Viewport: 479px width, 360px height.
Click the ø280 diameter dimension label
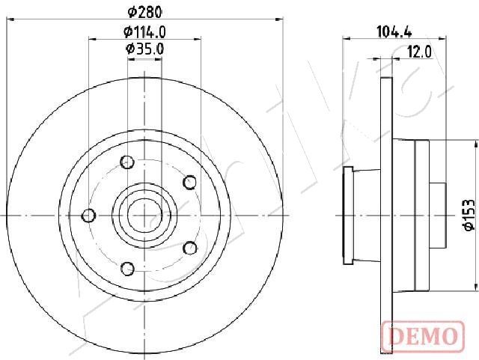pyautogui.click(x=144, y=12)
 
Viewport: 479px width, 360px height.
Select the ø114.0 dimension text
pyautogui.click(x=144, y=31)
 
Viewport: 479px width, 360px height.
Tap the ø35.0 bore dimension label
pyautogui.click(x=144, y=49)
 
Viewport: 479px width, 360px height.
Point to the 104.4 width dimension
pyautogui.click(x=394, y=31)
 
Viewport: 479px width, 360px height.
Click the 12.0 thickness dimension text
pyautogui.click(x=419, y=52)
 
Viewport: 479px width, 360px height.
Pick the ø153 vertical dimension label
pyautogui.click(x=469, y=214)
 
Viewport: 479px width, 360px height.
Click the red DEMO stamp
pyautogui.click(x=423, y=336)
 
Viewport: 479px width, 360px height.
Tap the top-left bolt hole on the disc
pyautogui.click(x=127, y=162)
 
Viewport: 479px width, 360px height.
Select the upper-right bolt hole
pyautogui.click(x=189, y=182)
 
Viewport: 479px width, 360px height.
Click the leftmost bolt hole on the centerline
pyautogui.click(x=88, y=216)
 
